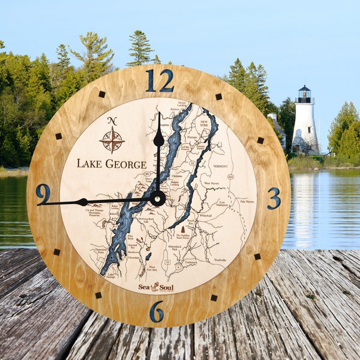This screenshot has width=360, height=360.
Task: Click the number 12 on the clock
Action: [159, 81]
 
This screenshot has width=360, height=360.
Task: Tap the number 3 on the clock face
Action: [274, 198]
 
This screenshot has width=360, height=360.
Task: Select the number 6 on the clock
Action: [157, 311]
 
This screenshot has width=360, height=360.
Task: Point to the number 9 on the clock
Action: [43, 193]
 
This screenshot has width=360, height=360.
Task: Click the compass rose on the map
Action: [112, 140]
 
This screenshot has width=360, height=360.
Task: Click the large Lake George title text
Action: [112, 164]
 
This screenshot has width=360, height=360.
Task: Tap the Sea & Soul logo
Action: [156, 287]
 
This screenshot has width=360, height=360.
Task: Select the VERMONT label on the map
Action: [220, 166]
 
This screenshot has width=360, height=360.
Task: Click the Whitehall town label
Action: [206, 215]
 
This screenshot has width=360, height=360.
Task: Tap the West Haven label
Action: [211, 183]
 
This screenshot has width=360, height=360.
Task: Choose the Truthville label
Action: [220, 260]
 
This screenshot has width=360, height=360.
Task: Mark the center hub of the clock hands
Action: [158, 198]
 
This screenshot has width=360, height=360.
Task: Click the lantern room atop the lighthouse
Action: [305, 93]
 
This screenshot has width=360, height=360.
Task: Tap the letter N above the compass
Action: [112, 121]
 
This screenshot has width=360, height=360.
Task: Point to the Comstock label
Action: [191, 263]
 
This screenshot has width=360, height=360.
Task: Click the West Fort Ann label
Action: [152, 269]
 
